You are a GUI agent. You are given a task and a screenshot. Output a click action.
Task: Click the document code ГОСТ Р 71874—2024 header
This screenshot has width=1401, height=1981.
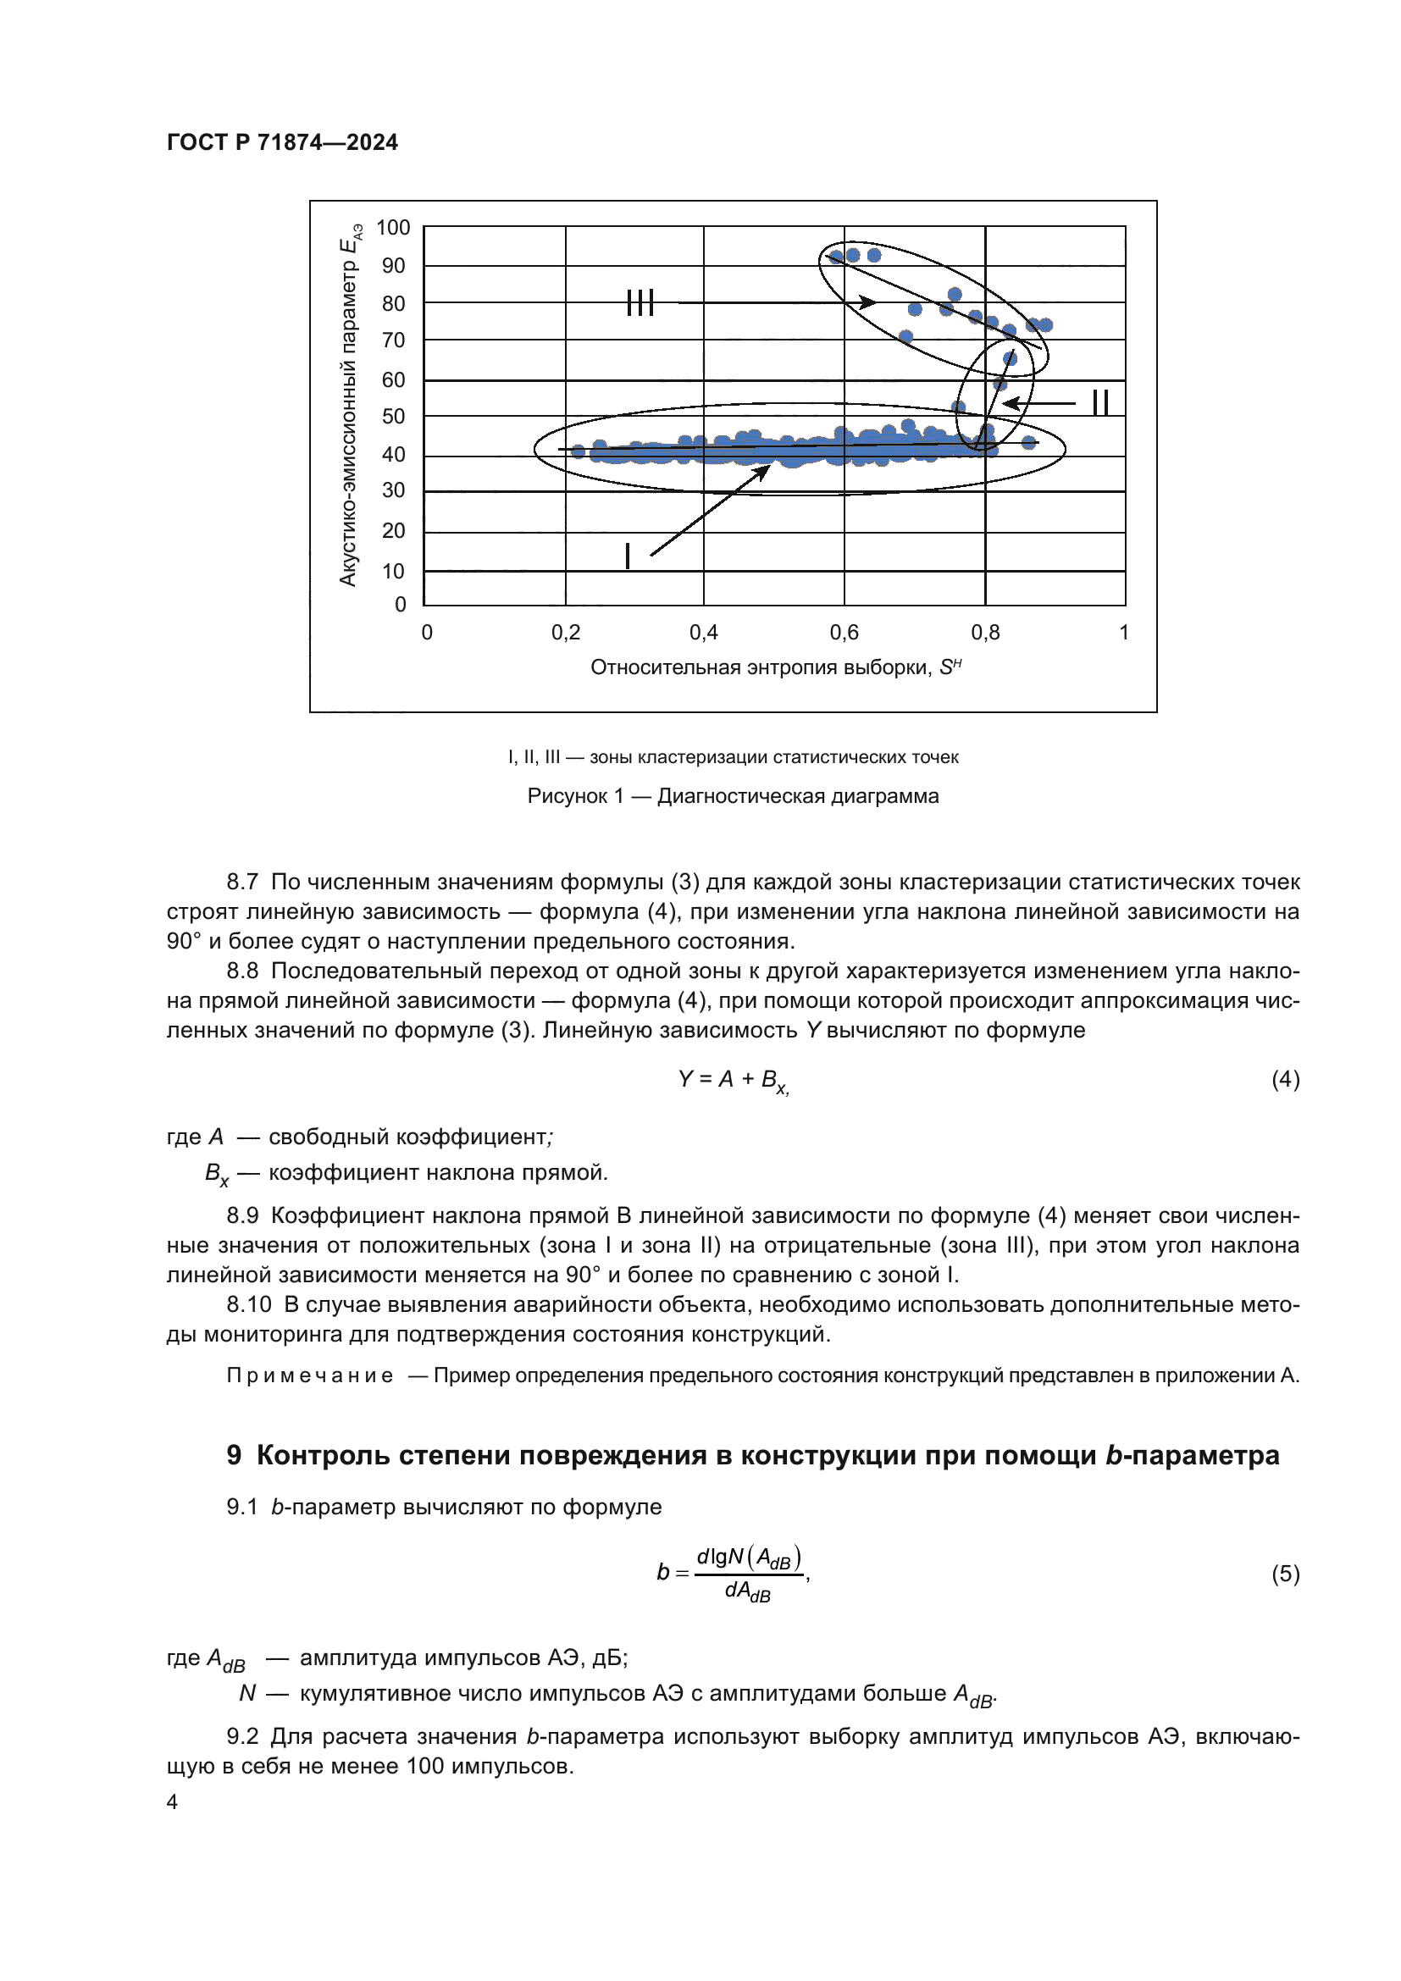click(x=282, y=142)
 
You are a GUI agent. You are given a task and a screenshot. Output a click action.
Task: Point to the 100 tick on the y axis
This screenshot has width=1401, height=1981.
click(x=392, y=228)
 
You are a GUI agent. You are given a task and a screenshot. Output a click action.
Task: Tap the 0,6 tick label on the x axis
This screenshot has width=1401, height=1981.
click(x=844, y=633)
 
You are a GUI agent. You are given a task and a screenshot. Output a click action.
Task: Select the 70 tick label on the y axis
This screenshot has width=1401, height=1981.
click(x=392, y=340)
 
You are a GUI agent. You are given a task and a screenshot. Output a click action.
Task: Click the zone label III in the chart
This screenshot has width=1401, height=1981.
click(x=640, y=303)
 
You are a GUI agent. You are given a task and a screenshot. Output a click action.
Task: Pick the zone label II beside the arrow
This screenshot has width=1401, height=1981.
click(x=1100, y=403)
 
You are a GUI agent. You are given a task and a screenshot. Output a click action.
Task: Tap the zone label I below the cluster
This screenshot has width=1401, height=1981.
click(x=627, y=556)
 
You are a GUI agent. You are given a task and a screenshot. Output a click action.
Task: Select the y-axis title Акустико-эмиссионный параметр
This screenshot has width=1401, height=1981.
click(x=348, y=406)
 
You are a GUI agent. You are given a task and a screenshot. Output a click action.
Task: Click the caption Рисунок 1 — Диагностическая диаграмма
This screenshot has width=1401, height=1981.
click(x=733, y=795)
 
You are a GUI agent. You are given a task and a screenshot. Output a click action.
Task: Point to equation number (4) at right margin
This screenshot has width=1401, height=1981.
click(x=1285, y=1079)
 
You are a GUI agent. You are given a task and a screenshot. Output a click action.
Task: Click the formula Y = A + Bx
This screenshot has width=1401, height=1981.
click(x=733, y=1079)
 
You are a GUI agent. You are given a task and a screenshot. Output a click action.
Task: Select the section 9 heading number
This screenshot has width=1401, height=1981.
click(x=234, y=1456)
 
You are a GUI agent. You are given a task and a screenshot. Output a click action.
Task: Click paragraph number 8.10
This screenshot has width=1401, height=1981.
click(x=248, y=1304)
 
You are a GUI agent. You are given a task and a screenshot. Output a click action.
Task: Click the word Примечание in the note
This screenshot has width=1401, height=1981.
click(x=310, y=1375)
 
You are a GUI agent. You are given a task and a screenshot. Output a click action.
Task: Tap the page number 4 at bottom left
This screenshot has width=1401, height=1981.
click(x=173, y=1801)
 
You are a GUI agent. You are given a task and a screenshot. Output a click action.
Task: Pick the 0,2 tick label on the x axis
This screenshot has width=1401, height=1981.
click(x=566, y=633)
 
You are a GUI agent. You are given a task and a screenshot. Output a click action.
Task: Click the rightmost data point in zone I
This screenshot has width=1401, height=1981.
click(x=1028, y=443)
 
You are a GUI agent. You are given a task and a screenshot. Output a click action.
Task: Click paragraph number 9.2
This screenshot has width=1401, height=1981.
click(x=242, y=1736)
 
